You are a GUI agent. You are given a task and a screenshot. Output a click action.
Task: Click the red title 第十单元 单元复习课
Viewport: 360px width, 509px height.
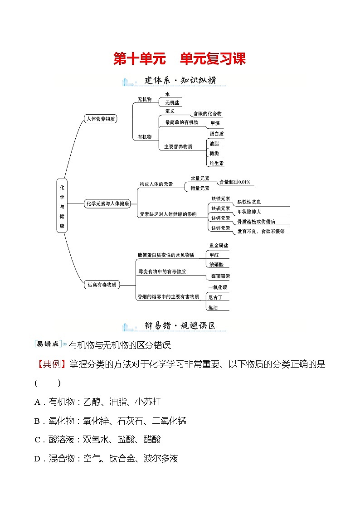[179, 59]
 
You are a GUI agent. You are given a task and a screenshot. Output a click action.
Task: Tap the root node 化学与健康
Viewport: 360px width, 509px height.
[62, 205]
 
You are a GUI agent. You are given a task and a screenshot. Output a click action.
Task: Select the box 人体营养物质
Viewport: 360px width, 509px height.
[101, 119]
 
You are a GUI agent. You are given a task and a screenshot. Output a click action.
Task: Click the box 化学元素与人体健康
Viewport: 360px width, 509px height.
[107, 204]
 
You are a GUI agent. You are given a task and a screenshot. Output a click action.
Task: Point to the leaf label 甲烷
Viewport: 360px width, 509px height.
[215, 123]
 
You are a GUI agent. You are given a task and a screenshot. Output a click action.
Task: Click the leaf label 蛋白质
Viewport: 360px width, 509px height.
[216, 134]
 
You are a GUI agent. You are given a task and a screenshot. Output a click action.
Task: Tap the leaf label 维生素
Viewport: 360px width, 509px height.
[216, 163]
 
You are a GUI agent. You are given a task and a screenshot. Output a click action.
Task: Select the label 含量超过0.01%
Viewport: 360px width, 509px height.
[234, 182]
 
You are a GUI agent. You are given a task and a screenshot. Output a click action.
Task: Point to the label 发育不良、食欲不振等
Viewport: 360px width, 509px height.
[261, 231]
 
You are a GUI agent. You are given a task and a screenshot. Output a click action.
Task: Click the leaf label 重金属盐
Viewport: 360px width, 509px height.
[219, 245]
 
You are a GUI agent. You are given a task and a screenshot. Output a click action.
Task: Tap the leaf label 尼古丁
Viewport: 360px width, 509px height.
[215, 297]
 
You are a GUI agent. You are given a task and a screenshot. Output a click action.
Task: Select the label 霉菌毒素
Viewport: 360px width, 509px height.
[220, 276]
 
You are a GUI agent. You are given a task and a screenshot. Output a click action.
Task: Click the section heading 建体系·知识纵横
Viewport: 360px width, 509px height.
[180, 81]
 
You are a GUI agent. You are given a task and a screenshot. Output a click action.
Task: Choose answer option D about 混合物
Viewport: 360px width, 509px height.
[106, 459]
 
